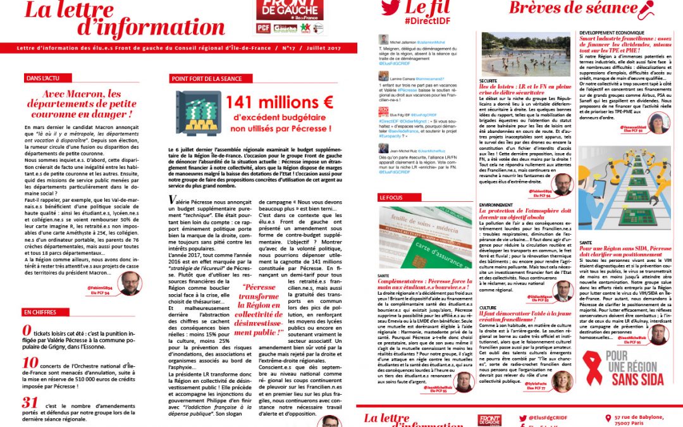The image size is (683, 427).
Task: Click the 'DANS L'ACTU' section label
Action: pyautogui.click(x=43, y=78)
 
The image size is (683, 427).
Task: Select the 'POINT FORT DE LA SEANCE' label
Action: pyautogui.click(x=206, y=78)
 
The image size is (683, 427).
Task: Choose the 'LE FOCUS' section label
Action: pyautogui.click(x=393, y=197)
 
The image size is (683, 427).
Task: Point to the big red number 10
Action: pyautogui.click(x=30, y=362)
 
